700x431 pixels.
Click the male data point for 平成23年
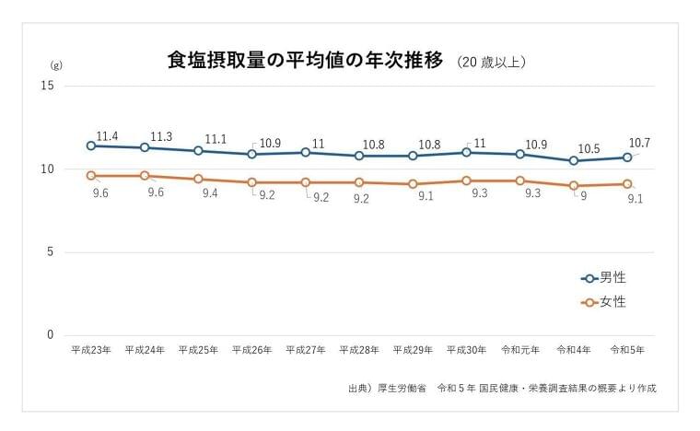[x=91, y=146]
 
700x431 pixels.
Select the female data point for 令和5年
[x=627, y=184]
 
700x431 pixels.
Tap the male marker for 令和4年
[x=574, y=161]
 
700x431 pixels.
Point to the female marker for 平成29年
[x=413, y=184]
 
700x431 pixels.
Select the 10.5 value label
[x=589, y=148]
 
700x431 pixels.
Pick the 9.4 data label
[x=209, y=193]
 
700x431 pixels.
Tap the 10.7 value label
[x=640, y=144]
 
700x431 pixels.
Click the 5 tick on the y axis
[x=51, y=252]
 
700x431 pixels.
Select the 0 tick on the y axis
[x=51, y=335]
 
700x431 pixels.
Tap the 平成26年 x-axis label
[x=251, y=350]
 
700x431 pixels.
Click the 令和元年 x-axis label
[x=519, y=350]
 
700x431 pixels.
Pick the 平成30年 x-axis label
[x=466, y=350]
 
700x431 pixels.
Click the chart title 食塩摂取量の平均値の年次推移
[x=305, y=61]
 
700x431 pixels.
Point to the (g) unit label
[x=54, y=66]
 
